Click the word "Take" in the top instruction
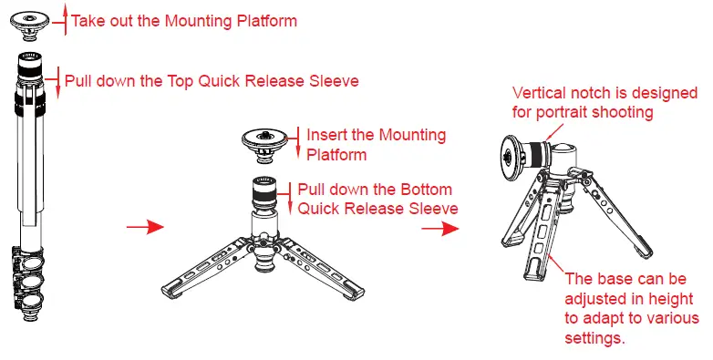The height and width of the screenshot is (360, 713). (x=88, y=20)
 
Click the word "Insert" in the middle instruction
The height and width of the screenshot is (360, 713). (x=325, y=135)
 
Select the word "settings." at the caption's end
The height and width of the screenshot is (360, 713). (x=597, y=339)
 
